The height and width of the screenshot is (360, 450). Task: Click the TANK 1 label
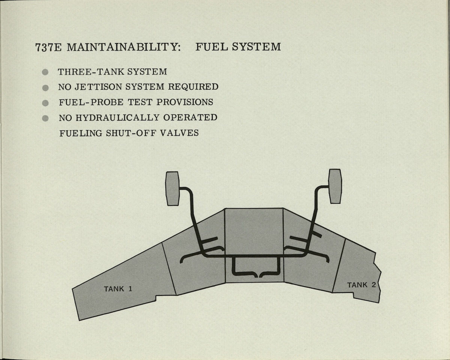[118, 289]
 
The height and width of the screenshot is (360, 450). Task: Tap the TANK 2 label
[361, 285]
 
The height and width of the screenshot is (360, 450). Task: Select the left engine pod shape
[172, 188]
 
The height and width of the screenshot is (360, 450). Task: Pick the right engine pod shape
[335, 186]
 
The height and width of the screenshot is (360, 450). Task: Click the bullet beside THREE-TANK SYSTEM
[45, 72]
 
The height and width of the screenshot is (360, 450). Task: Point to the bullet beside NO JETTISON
[45, 88]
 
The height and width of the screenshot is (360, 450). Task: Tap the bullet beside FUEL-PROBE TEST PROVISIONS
[45, 103]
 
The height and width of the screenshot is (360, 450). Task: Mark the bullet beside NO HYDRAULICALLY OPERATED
[45, 118]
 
